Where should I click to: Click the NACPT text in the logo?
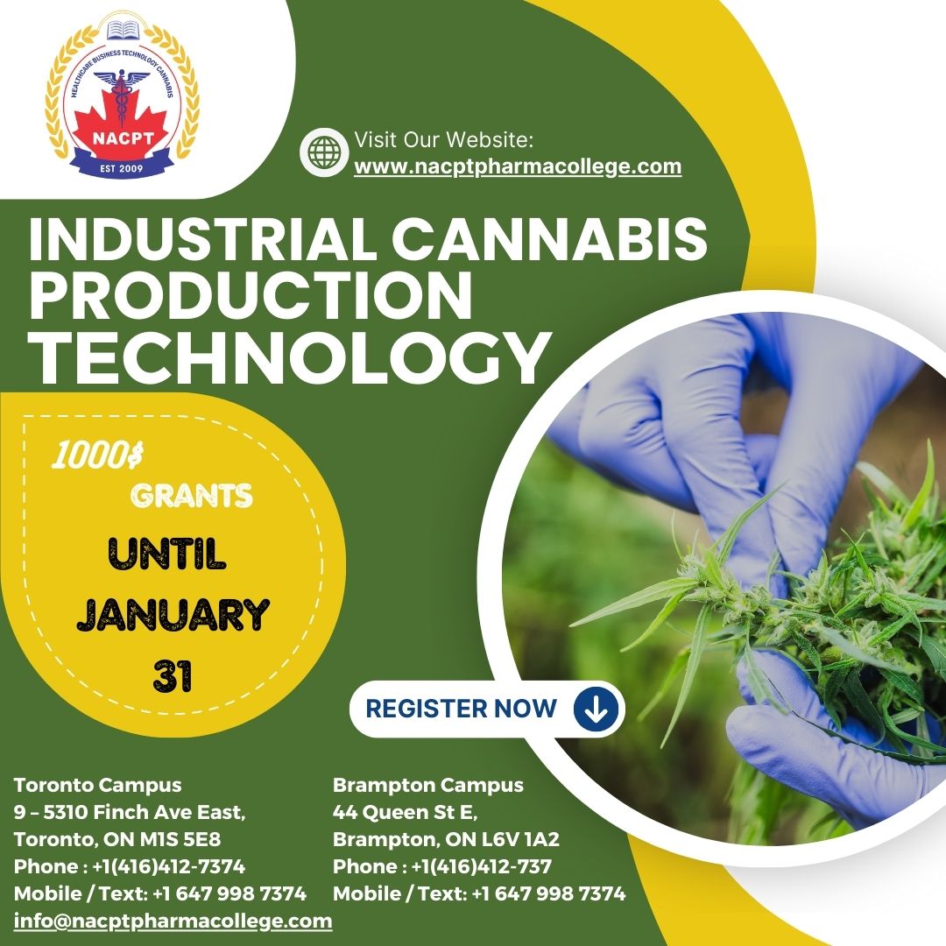[x=123, y=138]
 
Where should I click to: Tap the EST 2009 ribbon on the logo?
[x=123, y=166]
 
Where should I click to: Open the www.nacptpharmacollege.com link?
[x=517, y=166]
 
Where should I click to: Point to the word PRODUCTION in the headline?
[x=251, y=297]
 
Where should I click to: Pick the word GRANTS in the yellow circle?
[x=192, y=497]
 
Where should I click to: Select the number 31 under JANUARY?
[x=172, y=675]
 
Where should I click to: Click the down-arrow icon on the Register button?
[x=596, y=708]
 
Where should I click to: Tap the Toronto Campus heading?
[x=97, y=784]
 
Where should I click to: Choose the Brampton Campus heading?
[x=427, y=784]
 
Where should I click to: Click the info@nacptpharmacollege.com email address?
[x=173, y=921]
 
